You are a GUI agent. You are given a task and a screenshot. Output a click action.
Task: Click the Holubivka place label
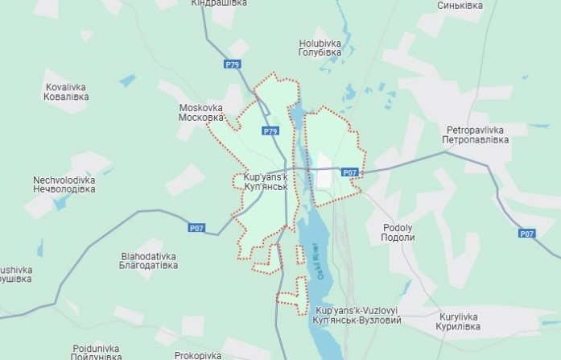(320, 47)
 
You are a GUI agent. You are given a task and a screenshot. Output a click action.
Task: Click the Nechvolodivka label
(64, 184)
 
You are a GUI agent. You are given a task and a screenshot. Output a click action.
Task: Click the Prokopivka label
(198, 354)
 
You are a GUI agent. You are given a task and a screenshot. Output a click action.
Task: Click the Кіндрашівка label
(218, 4)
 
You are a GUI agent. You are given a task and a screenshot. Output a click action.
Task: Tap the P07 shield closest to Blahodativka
(196, 228)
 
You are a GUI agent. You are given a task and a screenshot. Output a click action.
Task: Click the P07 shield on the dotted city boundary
(349, 172)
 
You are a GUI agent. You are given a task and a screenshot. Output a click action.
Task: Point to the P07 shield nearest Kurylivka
(527, 234)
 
